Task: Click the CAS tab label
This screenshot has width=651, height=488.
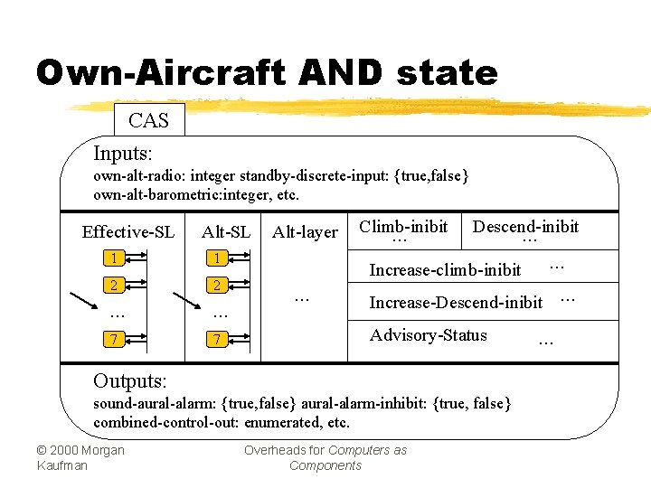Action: coord(148,120)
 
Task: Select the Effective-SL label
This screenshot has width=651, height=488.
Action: coord(127,232)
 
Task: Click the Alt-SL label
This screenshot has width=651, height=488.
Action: coord(226,232)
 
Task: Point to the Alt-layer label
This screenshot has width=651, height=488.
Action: coord(305,232)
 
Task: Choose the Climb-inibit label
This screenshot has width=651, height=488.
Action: coord(403,226)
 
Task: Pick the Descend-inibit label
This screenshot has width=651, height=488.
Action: coord(525,226)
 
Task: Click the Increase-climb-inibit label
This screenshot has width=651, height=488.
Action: coord(445,269)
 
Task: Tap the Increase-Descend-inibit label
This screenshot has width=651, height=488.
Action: coord(456,302)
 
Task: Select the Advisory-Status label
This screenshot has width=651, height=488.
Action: coord(428,335)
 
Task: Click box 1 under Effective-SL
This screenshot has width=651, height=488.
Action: coord(114,258)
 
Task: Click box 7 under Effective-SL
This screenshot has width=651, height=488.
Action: coord(114,340)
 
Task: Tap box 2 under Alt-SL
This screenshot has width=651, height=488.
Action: coord(217,286)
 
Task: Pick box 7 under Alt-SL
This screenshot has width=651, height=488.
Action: coord(217,340)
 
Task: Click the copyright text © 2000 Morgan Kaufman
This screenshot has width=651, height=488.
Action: coord(80,457)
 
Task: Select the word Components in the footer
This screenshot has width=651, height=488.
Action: coord(325,465)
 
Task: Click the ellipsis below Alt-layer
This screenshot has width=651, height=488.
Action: coord(302,297)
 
